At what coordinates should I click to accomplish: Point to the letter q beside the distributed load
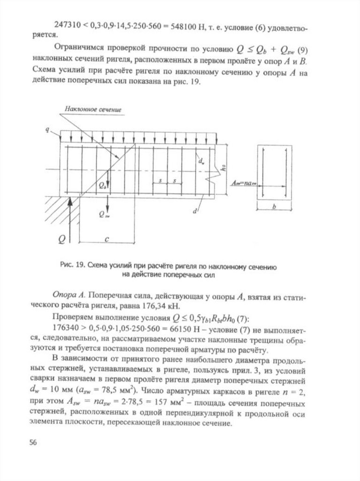[x=47, y=128]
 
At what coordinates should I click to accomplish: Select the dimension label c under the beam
[x=107, y=238]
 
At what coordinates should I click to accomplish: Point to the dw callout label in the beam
[x=201, y=161]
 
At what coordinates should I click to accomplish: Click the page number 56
[x=33, y=442]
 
